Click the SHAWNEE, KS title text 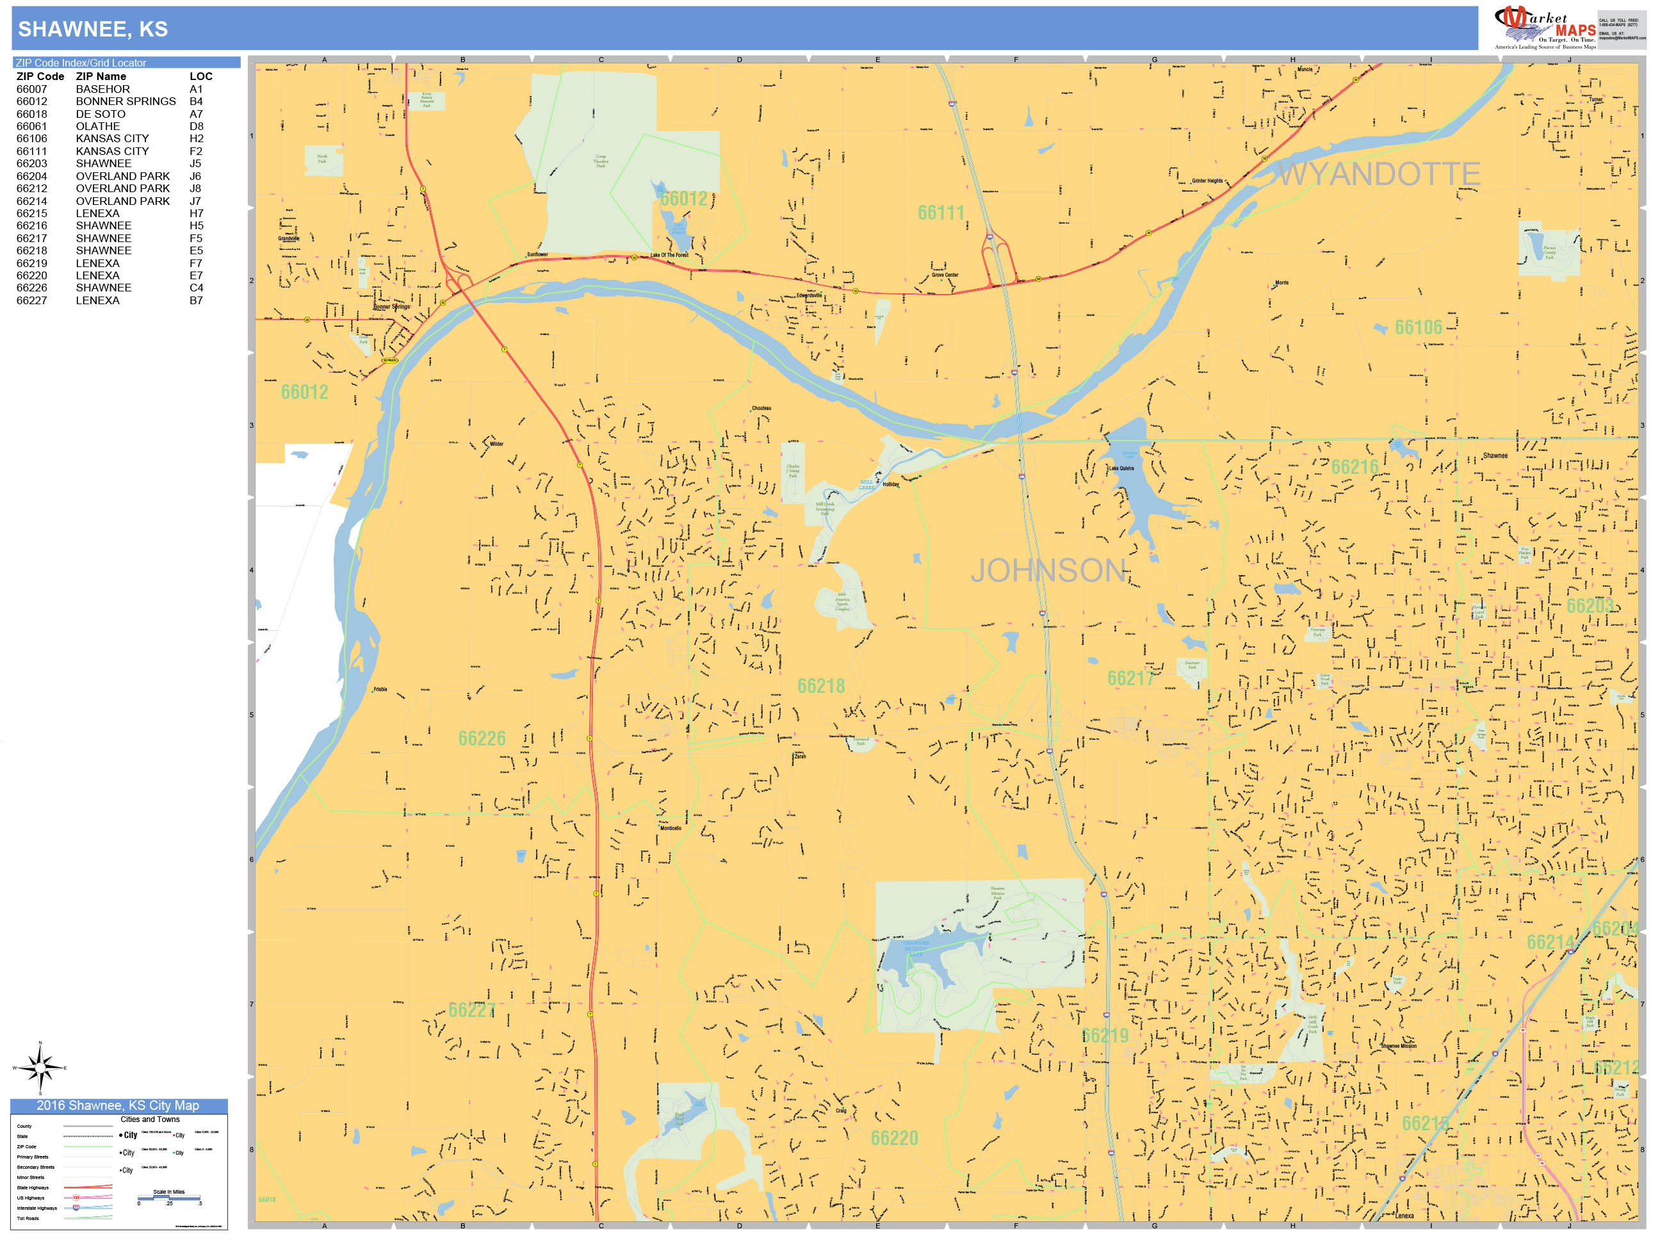pos(92,29)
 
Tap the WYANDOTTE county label pos(1379,174)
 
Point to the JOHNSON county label pos(1048,571)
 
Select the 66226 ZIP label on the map pos(482,738)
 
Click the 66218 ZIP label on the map pos(821,686)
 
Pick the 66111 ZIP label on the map pos(941,213)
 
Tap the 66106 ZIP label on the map pos(1419,327)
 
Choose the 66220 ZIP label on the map pos(894,1139)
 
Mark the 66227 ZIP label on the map pos(471,1010)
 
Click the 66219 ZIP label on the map pos(1105,1036)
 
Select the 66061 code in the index pos(31,126)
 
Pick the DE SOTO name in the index pos(101,114)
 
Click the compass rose pos(40,1066)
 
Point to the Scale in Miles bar pos(169,1198)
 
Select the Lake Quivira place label pos(1121,468)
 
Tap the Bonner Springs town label pos(392,307)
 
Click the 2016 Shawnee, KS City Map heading pos(118,1105)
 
